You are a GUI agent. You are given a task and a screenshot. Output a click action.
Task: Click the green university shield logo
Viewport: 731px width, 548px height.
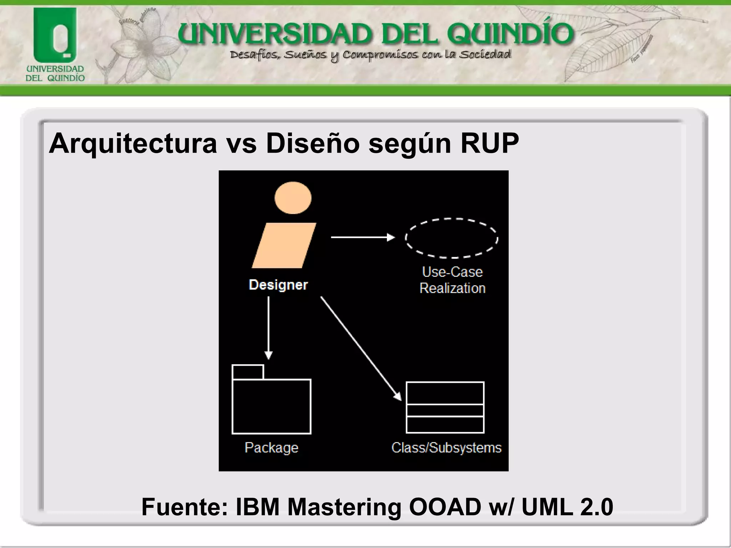(55, 36)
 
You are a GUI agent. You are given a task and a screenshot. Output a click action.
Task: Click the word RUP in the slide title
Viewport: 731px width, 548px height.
(489, 143)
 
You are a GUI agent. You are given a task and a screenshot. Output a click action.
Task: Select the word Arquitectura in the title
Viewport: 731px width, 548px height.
(133, 143)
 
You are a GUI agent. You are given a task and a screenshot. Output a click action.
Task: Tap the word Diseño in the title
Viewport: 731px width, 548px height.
(313, 143)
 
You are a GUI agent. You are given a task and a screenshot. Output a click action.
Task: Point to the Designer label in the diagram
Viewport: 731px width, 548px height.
(278, 285)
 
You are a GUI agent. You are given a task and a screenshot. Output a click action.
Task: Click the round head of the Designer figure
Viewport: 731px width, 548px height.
(293, 198)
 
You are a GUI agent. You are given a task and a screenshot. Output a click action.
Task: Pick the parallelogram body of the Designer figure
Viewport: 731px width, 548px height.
(284, 245)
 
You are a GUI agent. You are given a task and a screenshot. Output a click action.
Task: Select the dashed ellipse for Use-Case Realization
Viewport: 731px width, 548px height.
(452, 238)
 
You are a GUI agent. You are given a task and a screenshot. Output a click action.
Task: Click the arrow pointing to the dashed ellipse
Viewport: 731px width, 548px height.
(362, 237)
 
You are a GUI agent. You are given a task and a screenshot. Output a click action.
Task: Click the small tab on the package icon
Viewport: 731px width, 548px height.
(248, 372)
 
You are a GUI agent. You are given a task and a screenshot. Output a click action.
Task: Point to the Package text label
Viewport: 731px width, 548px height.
(271, 447)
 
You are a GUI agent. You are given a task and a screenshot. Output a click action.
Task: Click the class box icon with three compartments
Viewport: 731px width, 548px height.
(445, 407)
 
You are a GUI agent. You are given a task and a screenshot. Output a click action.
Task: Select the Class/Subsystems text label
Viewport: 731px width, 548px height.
(447, 447)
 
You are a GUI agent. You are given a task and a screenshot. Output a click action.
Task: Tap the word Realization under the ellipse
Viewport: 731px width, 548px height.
(452, 288)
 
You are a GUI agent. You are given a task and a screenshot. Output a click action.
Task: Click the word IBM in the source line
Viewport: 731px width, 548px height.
(257, 507)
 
